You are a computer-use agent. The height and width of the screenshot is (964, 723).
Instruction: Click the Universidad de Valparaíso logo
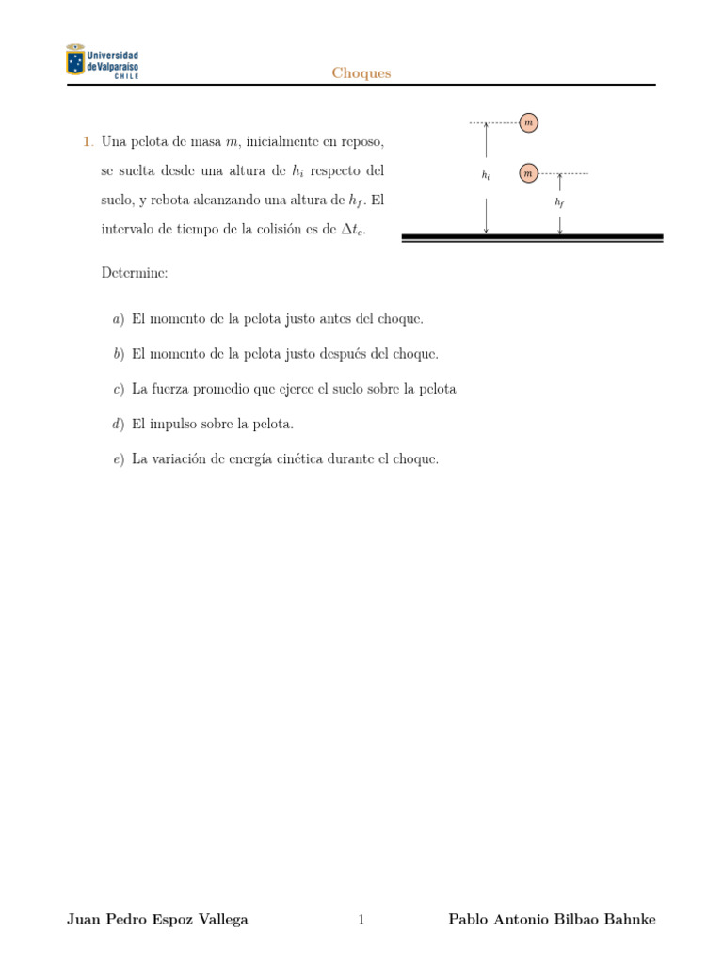coord(102,61)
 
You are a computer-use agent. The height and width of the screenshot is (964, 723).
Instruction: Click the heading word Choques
coord(361,73)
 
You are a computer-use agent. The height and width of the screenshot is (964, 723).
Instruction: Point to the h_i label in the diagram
coord(486,175)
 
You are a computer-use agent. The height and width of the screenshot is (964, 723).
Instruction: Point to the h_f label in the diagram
coord(559,202)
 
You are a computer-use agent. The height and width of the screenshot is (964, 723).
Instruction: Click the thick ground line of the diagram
coord(532,236)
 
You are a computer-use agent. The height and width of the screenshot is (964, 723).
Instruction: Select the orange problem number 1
coord(87,142)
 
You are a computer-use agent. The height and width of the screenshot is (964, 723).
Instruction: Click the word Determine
coord(135,273)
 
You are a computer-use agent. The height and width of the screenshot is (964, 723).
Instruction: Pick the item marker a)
coord(118,319)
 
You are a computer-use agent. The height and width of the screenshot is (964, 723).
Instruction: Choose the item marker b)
coord(118,354)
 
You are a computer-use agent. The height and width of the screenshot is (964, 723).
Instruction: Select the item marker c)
coord(118,389)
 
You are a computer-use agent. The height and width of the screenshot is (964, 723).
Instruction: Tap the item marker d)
coord(118,425)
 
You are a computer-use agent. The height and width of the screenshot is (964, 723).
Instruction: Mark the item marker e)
coord(118,459)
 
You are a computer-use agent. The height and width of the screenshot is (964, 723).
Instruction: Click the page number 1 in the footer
coord(361,920)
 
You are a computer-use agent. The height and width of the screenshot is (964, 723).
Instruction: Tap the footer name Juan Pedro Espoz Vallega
coord(157,920)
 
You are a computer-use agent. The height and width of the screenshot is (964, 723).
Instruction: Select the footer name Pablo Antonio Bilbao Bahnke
coord(552,920)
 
